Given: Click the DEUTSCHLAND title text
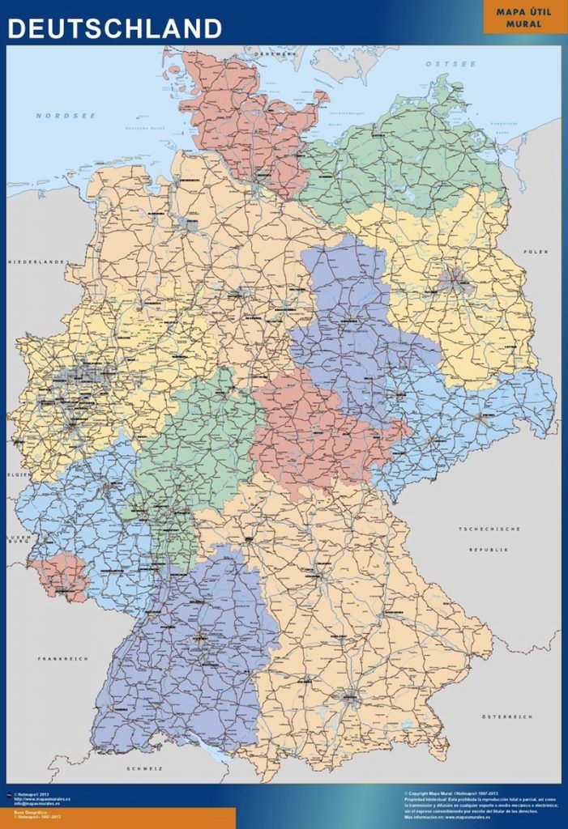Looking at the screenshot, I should pyautogui.click(x=114, y=28).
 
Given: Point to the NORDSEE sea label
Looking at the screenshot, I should pyautogui.click(x=66, y=116).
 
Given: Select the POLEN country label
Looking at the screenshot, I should pyautogui.click(x=536, y=252).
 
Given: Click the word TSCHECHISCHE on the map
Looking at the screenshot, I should pyautogui.click(x=489, y=529).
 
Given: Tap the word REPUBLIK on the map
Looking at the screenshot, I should pyautogui.click(x=489, y=549).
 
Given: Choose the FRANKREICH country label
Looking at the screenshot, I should pyautogui.click(x=62, y=658).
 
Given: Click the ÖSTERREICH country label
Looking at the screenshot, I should pyautogui.click(x=506, y=716).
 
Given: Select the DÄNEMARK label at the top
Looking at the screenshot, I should pyautogui.click(x=273, y=53).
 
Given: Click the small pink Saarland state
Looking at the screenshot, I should pyautogui.click(x=62, y=576).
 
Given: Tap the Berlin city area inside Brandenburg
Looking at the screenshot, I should pyautogui.click(x=454, y=280).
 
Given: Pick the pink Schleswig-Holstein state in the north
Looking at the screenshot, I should pyautogui.click(x=243, y=121).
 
